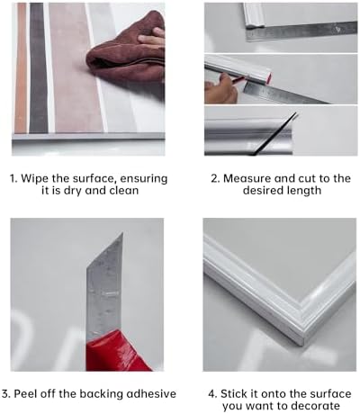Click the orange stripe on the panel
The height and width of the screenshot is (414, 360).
point(21,67)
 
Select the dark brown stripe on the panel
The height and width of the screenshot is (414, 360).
point(38,67)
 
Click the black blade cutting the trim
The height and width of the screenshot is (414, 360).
point(274,134)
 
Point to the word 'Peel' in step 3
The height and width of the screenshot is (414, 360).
point(23,393)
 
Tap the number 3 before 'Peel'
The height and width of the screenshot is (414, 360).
point(5,393)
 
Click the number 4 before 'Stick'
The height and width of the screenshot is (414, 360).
point(212,393)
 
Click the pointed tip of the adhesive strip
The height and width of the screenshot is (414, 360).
point(122,233)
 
